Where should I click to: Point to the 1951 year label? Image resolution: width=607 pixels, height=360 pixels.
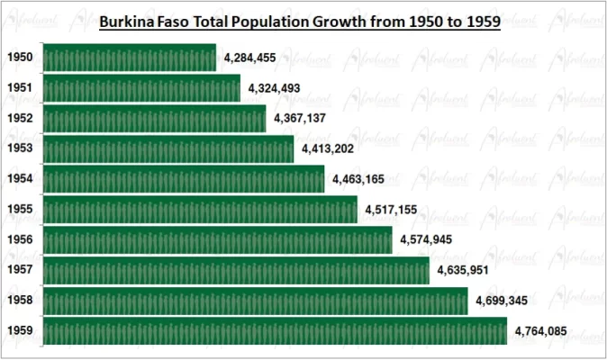[20, 88]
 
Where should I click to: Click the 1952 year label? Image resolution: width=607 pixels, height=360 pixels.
[20, 119]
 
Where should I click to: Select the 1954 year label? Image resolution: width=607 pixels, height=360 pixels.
[20, 179]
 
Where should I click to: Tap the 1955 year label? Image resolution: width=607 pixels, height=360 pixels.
[20, 210]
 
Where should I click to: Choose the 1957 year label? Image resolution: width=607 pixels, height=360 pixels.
[20, 270]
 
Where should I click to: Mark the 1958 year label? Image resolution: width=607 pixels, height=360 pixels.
[20, 301]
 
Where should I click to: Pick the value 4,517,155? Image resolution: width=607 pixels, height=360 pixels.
[395, 211]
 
